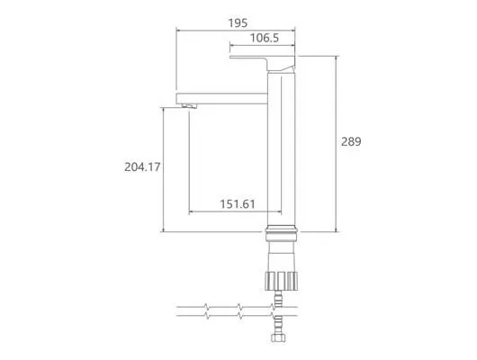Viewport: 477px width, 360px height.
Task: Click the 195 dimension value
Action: coord(238,22)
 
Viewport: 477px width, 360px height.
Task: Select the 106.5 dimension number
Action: coord(265,38)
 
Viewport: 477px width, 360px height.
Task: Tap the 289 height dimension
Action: coord(351,141)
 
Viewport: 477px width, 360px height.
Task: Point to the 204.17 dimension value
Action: coord(142,166)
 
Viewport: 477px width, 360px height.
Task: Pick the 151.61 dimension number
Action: coord(238,204)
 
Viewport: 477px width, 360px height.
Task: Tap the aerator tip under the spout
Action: coord(190,106)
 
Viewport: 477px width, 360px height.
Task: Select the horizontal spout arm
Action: coord(221,99)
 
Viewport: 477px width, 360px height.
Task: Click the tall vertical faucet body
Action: coord(282,149)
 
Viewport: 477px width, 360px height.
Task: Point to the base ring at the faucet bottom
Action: coord(282,234)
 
